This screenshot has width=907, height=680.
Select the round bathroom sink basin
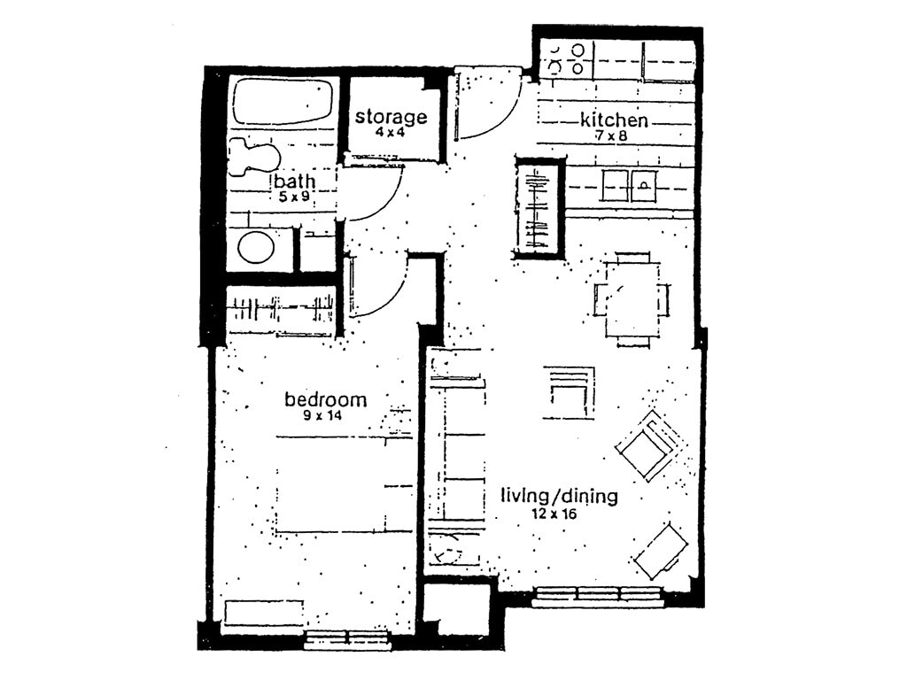(256, 248)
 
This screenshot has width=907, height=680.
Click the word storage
(391, 117)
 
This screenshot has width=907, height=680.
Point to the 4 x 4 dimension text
(391, 133)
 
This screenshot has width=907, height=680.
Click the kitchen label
(614, 120)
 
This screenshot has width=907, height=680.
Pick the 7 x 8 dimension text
(614, 135)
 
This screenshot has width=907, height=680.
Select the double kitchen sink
(629, 186)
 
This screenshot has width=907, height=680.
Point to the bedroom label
(325, 399)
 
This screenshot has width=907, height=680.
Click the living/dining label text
(558, 496)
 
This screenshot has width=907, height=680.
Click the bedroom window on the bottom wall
(347, 638)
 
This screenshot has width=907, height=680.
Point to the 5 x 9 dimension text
(293, 197)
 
